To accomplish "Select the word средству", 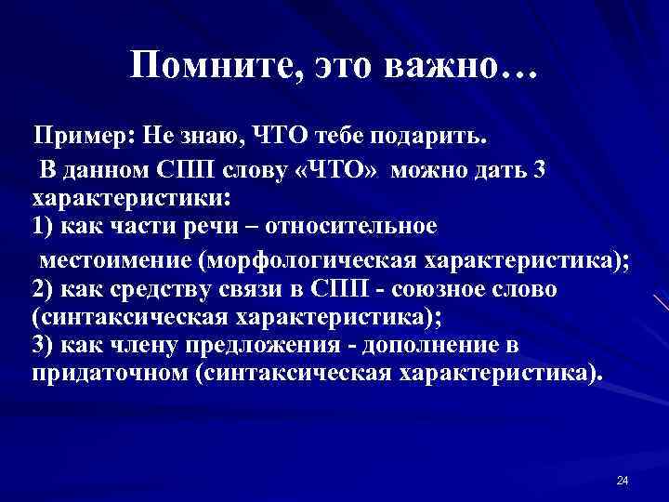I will tap(150, 289).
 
